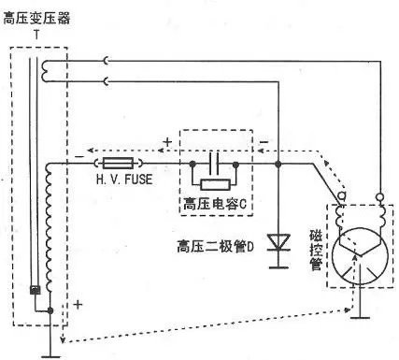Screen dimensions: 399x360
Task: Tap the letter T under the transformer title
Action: click(x=36, y=34)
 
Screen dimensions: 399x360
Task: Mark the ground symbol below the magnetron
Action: click(x=355, y=319)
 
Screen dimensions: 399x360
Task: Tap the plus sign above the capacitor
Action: click(x=165, y=143)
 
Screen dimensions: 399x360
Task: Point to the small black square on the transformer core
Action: click(x=35, y=290)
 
